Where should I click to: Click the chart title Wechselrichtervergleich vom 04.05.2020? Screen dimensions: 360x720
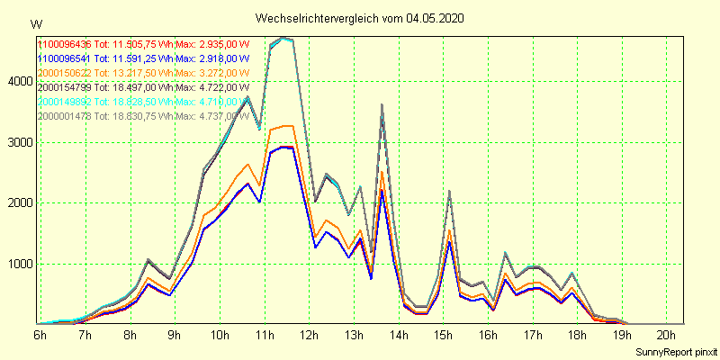click(360, 18)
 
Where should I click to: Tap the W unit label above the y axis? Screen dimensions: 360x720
click(35, 23)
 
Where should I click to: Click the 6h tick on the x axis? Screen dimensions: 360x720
click(40, 335)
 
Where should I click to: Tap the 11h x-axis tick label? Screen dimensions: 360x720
click(265, 335)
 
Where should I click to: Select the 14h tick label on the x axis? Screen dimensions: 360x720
click(399, 335)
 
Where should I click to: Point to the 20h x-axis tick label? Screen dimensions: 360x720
click(667, 335)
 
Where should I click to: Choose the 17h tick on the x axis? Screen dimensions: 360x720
click(533, 335)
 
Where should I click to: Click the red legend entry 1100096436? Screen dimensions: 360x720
click(64, 44)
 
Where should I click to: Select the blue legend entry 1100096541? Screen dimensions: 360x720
click(64, 58)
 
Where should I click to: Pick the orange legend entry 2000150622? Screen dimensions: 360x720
click(64, 73)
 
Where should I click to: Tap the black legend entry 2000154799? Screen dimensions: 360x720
click(64, 87)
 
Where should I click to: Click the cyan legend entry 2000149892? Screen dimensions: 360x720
click(64, 102)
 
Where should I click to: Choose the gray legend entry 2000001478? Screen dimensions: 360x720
click(64, 116)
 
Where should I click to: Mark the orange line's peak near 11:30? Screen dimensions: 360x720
click(287, 126)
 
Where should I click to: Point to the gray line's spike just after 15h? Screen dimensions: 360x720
click(448, 191)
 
